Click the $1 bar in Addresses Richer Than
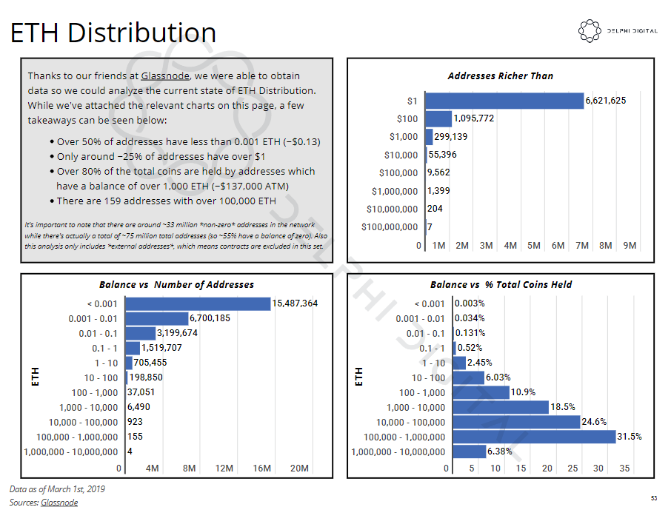coord(504,101)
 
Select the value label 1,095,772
coord(474,118)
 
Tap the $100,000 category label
coord(398,172)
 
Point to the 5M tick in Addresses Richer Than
coord(534,246)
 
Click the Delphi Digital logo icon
coord(590,31)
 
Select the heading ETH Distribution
coord(113,33)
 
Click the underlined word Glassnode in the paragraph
coord(165,75)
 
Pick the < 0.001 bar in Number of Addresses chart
coord(198,304)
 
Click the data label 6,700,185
coord(210,318)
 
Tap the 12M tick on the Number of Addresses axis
coord(224,469)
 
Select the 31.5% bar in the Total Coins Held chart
coord(534,437)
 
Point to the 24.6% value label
coord(594,422)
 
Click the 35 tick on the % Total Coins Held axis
coord(624,469)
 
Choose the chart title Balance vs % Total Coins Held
coord(501,285)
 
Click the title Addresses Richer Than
coord(500,76)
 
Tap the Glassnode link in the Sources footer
coord(59,503)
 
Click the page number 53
coord(654,498)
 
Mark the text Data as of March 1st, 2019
coord(57,489)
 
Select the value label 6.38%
coord(499,451)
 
